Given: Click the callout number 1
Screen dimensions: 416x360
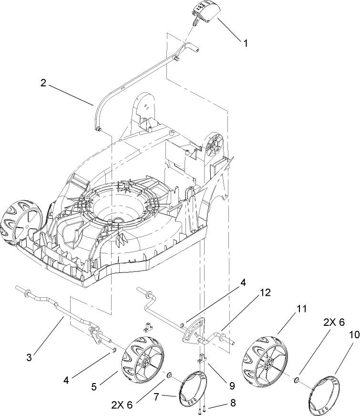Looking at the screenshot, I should [246, 43].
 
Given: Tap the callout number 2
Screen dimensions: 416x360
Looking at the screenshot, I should [43, 83].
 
